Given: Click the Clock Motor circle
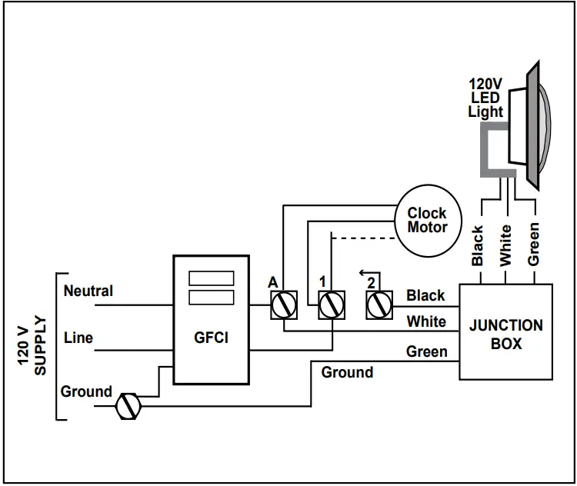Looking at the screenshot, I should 427,220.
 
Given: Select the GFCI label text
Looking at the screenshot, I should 211,338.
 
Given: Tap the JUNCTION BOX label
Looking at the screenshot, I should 505,334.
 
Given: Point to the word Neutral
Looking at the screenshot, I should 88,291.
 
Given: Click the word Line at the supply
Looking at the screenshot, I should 78,338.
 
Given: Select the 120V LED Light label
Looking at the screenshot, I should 485,98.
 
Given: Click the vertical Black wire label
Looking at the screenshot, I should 478,245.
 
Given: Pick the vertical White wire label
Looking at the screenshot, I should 505,245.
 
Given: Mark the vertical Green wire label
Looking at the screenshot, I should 533,245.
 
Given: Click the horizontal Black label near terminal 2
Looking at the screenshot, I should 425,295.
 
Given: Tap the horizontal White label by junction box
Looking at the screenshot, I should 426,321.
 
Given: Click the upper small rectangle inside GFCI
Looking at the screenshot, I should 211,278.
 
